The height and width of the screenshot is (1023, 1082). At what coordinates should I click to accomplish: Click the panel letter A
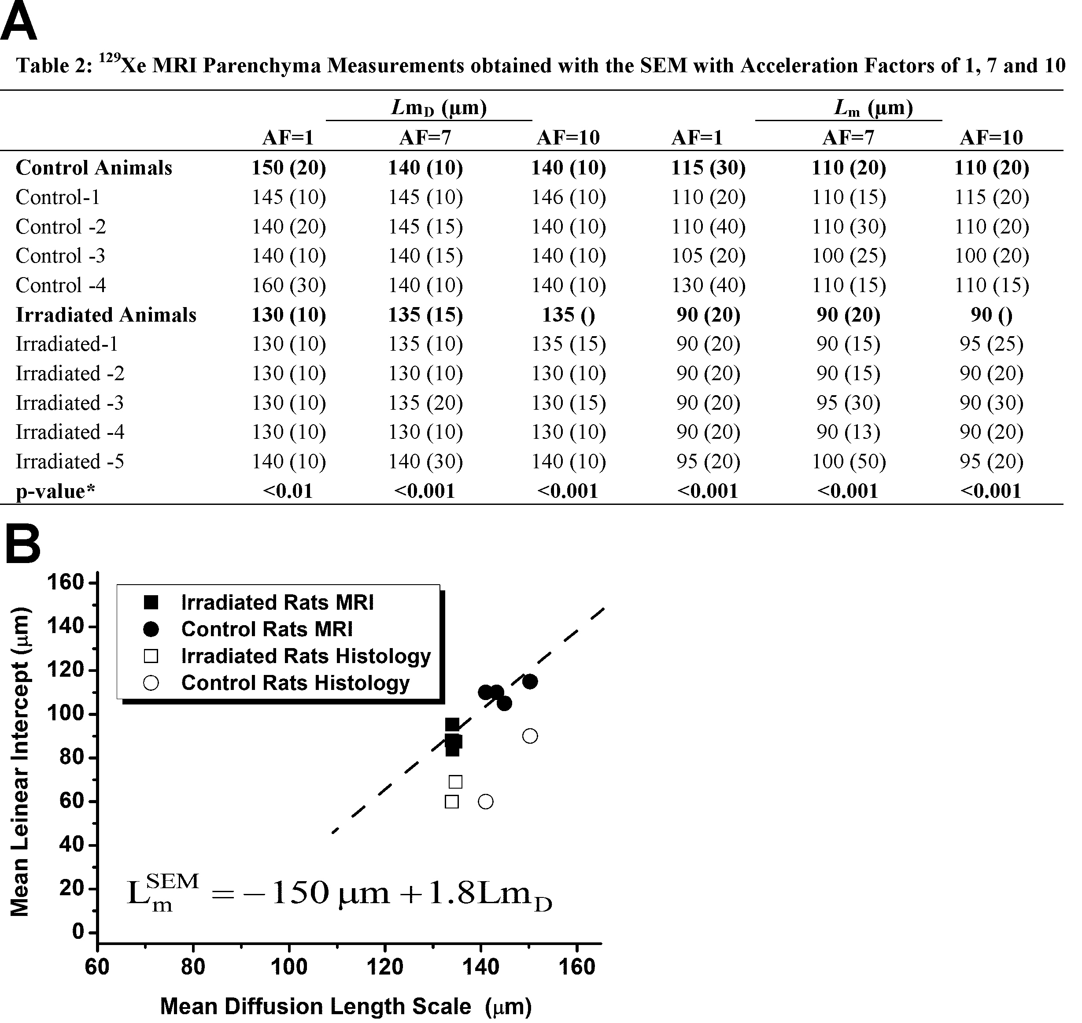[x=18, y=23]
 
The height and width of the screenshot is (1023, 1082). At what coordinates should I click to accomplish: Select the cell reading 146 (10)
[x=569, y=197]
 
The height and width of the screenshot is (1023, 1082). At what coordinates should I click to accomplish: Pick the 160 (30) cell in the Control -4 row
[x=288, y=285]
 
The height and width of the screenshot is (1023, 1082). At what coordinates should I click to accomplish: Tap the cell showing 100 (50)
[x=849, y=462]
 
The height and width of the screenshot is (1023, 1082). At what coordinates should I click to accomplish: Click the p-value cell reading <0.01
[x=288, y=491]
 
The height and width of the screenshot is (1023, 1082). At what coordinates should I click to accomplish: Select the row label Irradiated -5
[x=70, y=462]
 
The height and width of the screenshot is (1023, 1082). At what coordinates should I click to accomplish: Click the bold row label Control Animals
[x=94, y=168]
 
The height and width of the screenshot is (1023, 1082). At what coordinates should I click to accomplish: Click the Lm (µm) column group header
[x=873, y=108]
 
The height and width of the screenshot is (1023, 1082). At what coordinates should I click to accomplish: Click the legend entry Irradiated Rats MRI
[x=277, y=603]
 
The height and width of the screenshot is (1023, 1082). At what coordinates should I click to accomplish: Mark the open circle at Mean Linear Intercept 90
[x=530, y=736]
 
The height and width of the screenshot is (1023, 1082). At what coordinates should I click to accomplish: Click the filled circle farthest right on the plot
[x=530, y=682]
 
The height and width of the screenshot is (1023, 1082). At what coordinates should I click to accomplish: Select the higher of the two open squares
[x=455, y=782]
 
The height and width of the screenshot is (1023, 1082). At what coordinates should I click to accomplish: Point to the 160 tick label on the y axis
[x=65, y=582]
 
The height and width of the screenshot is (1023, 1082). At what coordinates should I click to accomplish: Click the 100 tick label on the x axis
[x=289, y=966]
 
